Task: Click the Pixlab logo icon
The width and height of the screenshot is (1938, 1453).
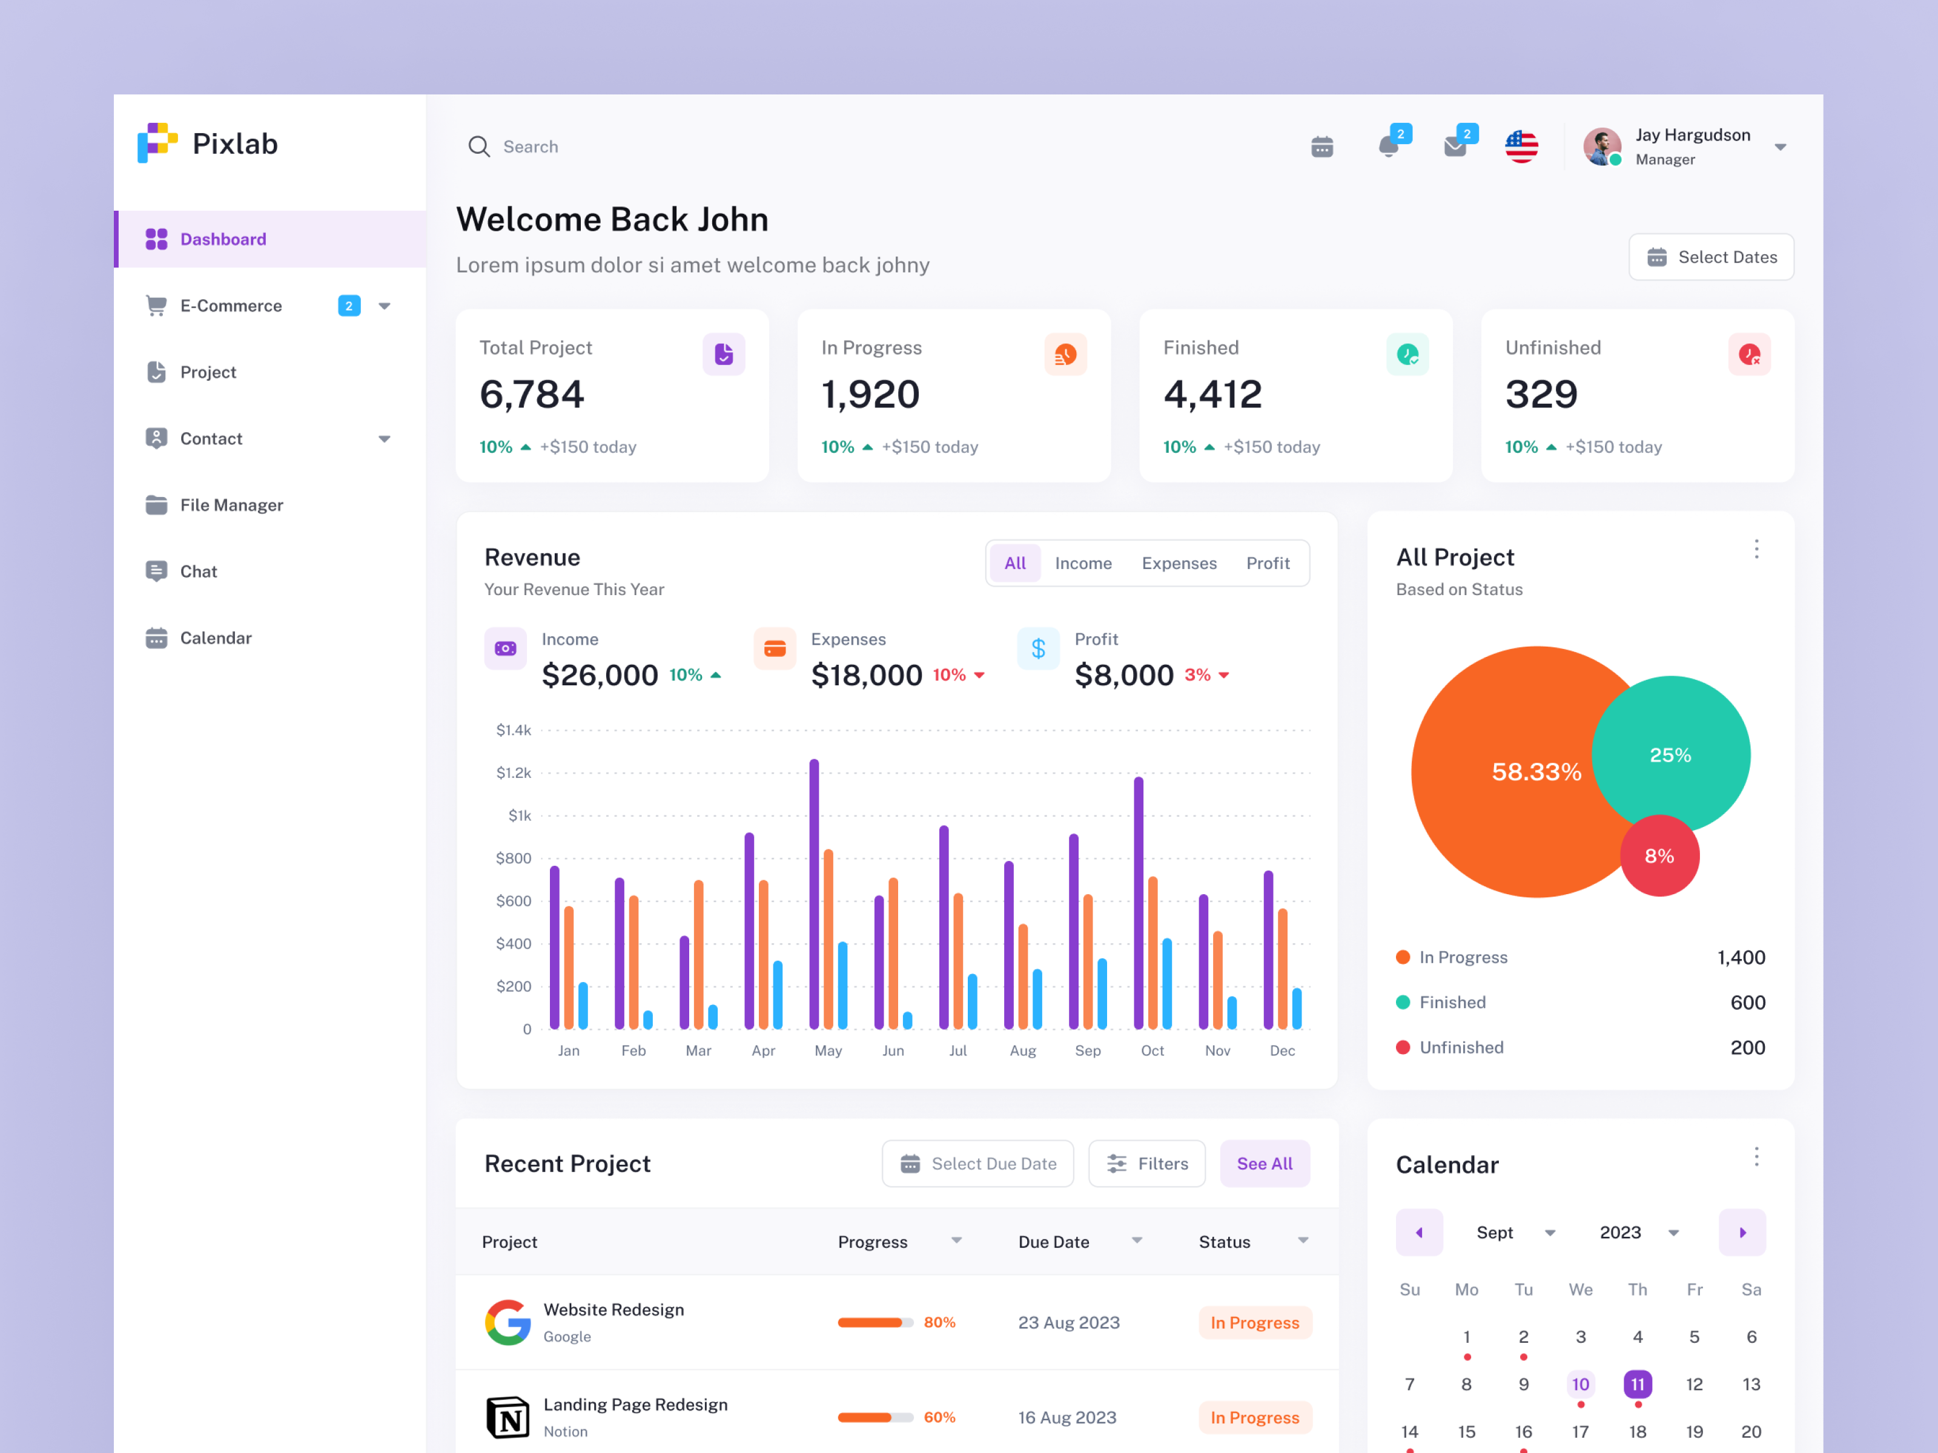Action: (157, 143)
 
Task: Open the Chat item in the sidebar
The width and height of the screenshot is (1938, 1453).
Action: (198, 571)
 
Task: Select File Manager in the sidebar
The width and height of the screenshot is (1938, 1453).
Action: (231, 506)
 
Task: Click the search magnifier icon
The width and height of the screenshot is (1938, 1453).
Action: (478, 147)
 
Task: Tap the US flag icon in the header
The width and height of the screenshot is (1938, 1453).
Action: (1521, 147)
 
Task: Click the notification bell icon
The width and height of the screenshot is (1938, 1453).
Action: (1388, 147)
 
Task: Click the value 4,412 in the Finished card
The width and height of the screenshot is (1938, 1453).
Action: (1212, 394)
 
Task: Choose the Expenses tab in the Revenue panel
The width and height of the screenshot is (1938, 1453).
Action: (1179, 563)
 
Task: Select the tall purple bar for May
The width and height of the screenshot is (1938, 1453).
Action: (814, 894)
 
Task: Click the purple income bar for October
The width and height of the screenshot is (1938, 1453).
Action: (1138, 902)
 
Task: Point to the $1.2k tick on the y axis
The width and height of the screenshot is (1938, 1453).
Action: (514, 773)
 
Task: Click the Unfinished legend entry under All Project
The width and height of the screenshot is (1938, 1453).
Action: (1461, 1047)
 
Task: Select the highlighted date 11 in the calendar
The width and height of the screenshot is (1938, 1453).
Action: (1636, 1384)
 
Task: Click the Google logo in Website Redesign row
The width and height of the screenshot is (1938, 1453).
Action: (508, 1322)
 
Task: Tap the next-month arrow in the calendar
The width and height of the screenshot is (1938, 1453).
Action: (1742, 1232)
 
